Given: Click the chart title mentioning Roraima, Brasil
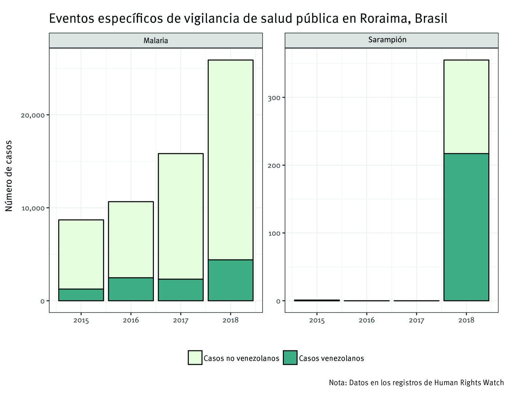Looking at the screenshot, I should click(x=248, y=18).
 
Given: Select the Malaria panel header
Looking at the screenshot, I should click(x=156, y=41).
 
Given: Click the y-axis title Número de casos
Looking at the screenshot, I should click(x=9, y=176).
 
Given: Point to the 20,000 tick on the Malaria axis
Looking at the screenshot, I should click(x=32, y=115).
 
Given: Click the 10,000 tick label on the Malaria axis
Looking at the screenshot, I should click(x=32, y=208).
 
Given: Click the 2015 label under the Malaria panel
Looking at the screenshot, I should click(x=81, y=320).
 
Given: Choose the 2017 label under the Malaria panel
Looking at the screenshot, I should click(x=181, y=320).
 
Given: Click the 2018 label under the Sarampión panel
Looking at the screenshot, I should click(x=466, y=320).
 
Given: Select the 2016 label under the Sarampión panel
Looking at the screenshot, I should click(x=367, y=320).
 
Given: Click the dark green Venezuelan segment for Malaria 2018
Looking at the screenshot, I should click(x=231, y=280).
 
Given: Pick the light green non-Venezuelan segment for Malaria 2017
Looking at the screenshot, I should click(x=181, y=216).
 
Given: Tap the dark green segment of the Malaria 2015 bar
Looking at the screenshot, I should click(x=81, y=295).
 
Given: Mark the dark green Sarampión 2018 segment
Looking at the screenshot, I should click(x=466, y=227).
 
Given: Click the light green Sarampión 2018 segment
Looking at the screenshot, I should click(x=466, y=107).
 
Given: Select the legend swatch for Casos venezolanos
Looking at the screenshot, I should click(x=290, y=358).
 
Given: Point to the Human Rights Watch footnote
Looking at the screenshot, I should click(x=416, y=383).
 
